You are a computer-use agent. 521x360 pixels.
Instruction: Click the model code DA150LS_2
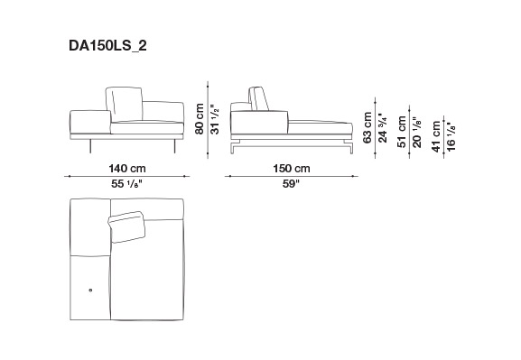107,46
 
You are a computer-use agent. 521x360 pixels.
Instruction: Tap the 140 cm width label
127,169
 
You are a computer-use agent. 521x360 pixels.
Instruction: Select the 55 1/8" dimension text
127,183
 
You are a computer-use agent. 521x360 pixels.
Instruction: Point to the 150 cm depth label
292,169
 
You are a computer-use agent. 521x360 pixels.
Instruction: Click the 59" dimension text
291,183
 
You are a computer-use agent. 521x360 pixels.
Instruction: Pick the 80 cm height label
200,119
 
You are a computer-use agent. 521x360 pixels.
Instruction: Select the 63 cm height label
367,127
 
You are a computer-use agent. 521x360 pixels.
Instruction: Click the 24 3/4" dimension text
383,127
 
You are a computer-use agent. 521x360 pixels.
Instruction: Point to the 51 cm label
402,132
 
